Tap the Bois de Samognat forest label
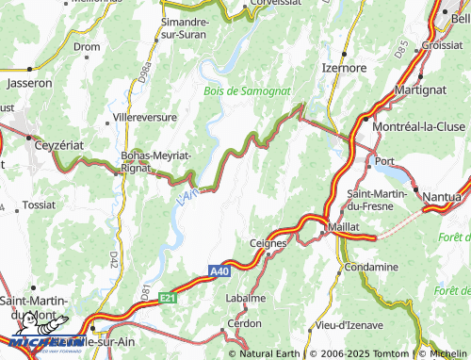coord(248,90)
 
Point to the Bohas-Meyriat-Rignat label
coord(156,160)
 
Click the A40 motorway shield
coord(219,271)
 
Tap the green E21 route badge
coord(168,297)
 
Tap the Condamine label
coord(372,267)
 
